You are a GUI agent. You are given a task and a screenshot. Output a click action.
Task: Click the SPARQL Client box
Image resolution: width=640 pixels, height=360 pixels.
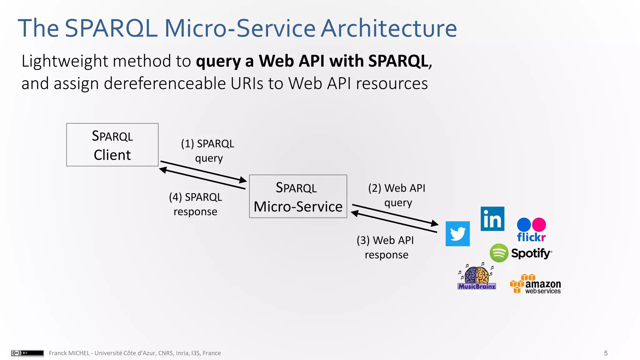(112, 145)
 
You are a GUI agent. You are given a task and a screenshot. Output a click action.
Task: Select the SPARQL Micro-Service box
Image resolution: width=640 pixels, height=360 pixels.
(298, 196)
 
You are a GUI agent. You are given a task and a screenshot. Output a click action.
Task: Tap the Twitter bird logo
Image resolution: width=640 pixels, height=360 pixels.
(457, 234)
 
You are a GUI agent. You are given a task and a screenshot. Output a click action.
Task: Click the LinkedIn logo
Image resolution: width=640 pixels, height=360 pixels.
(492, 219)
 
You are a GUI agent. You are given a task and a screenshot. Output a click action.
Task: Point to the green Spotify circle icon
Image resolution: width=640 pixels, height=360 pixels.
(499, 253)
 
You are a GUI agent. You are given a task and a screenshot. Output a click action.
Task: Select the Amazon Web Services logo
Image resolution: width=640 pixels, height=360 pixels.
(535, 284)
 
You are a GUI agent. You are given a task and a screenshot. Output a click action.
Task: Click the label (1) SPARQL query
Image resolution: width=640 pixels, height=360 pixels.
(208, 151)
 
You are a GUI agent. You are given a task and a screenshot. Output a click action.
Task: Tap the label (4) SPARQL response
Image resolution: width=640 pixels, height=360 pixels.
(196, 204)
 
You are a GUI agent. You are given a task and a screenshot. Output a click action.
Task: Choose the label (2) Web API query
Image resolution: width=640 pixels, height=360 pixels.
(397, 195)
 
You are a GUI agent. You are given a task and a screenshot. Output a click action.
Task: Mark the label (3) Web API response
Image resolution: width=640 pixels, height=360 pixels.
(386, 247)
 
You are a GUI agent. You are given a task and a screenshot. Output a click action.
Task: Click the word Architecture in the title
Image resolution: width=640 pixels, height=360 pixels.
(389, 28)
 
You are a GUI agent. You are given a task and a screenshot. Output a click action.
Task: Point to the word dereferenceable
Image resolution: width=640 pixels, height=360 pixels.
(165, 83)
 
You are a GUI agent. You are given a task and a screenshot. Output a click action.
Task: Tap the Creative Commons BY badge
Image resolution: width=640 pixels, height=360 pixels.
(27, 353)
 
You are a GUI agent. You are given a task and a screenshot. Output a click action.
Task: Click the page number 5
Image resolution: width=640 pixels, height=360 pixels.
(606, 353)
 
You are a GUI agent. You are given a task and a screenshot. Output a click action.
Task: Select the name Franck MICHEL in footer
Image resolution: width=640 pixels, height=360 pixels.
(69, 353)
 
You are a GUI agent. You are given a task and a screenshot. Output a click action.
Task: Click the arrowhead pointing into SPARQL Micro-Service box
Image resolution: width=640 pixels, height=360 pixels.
(243, 180)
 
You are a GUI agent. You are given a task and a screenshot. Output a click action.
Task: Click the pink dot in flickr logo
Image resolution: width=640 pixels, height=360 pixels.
(539, 224)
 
